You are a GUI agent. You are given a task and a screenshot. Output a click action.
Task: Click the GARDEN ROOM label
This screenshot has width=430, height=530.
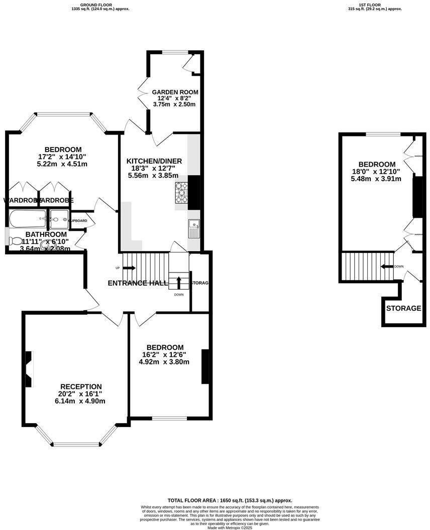coord(175,92)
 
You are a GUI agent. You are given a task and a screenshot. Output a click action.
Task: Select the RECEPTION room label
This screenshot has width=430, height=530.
coord(81,386)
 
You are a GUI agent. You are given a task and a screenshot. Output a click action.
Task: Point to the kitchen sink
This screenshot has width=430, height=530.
coord(193,229)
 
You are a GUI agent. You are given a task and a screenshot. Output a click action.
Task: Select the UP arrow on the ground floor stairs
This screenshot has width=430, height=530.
coord(129,268)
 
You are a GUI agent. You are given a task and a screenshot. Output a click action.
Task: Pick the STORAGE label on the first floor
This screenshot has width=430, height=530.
coord(403,308)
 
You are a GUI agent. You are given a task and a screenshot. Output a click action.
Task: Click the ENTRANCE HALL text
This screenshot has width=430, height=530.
coord(138,283)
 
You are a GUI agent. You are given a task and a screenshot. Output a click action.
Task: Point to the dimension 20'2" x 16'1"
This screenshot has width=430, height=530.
coord(81,394)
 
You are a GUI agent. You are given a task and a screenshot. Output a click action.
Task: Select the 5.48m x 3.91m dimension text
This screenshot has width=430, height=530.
coord(376,179)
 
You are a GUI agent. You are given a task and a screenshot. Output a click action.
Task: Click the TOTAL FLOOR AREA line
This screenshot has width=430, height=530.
coord(230,500)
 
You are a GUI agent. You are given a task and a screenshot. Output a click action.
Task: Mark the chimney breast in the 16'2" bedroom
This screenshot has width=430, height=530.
coord(205,366)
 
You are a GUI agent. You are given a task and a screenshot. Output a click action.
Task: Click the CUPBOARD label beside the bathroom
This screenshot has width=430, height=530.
coord(78,221)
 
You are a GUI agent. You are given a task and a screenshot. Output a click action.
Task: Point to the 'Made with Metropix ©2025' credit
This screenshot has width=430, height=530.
coord(229,527)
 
